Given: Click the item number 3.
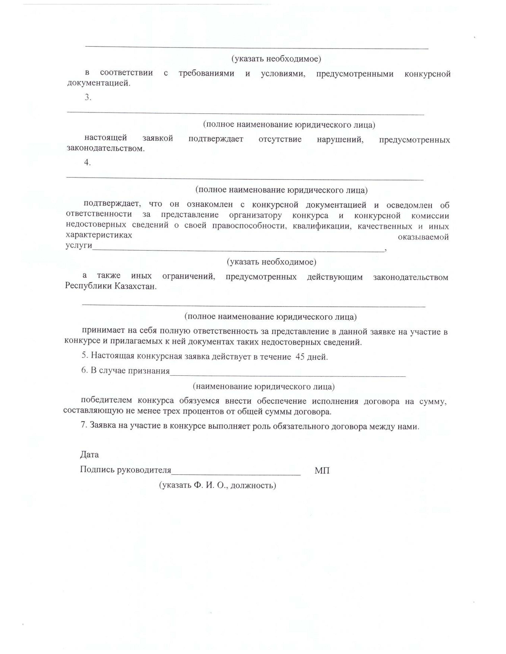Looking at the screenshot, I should pyautogui.click(x=88, y=97).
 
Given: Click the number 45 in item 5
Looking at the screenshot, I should pyautogui.click(x=300, y=357).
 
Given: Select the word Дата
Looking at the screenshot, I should pyautogui.click(x=89, y=455).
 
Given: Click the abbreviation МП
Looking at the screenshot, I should pyautogui.click(x=322, y=470).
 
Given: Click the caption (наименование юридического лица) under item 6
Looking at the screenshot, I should pyautogui.click(x=264, y=387).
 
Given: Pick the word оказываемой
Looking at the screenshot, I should pyautogui.click(x=423, y=237).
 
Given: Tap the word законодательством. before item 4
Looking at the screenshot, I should pyautogui.click(x=106, y=148).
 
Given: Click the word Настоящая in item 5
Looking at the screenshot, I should pyautogui.click(x=112, y=356).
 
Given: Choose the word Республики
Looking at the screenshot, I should pyautogui.click(x=89, y=286).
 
